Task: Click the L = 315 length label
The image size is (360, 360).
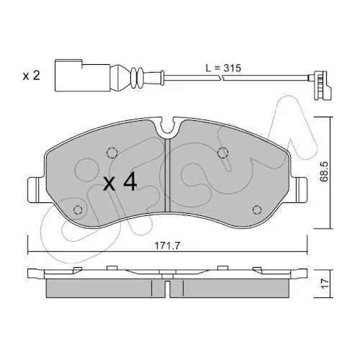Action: [223, 68]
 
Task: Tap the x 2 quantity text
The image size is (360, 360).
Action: [31, 76]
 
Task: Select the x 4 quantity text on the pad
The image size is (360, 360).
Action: [120, 183]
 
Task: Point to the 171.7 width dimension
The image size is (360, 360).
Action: [167, 246]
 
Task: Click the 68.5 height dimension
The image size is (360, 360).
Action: [325, 171]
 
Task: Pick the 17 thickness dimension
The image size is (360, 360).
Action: [325, 284]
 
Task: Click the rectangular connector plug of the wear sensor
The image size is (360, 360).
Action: [82, 76]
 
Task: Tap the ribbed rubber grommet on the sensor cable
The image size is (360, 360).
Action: [137, 76]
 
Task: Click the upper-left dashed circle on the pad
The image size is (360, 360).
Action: [112, 153]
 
